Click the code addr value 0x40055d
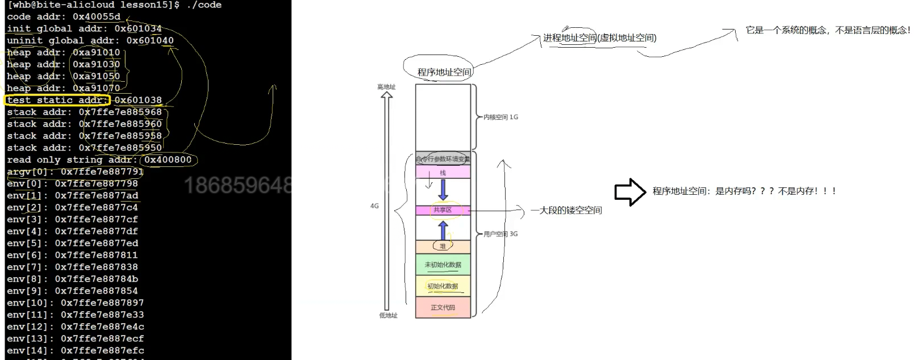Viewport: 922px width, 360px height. [97, 16]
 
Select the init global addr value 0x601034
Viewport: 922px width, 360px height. [138, 28]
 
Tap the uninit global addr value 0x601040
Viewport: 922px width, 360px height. [150, 40]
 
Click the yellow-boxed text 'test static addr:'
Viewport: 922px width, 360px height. [57, 100]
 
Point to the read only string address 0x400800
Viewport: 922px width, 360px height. [168, 160]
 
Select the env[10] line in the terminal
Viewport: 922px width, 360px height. [75, 303]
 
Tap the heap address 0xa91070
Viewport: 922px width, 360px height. [97, 88]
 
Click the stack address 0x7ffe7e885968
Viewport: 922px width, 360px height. [120, 112]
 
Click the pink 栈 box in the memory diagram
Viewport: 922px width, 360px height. [443, 172]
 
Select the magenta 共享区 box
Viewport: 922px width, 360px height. [443, 210]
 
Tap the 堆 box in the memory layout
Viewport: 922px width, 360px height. [443, 246]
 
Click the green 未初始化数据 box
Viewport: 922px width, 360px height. [443, 265]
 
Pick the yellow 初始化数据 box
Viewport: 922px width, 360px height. [443, 286]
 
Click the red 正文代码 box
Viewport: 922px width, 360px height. [443, 307]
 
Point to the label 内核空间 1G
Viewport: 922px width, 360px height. [500, 117]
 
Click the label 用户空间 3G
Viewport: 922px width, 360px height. [500, 233]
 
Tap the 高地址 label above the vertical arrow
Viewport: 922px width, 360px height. [386, 87]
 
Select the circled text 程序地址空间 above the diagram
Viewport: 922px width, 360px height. [444, 72]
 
